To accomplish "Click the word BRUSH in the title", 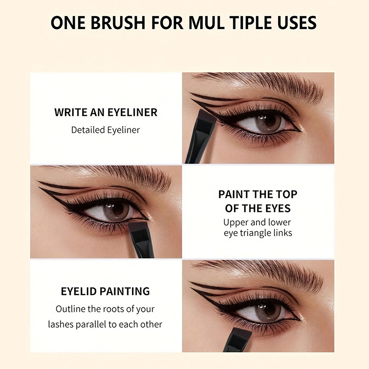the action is [x=118, y=23].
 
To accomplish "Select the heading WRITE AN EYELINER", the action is [x=106, y=112].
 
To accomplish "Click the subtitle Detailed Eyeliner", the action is [x=106, y=130].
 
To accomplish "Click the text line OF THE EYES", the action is [x=258, y=208].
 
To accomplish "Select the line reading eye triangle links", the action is [x=258, y=233].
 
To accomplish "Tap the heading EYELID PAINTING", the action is [x=106, y=292].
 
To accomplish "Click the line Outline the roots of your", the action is [x=105, y=309].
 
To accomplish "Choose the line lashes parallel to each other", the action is [x=105, y=324].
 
